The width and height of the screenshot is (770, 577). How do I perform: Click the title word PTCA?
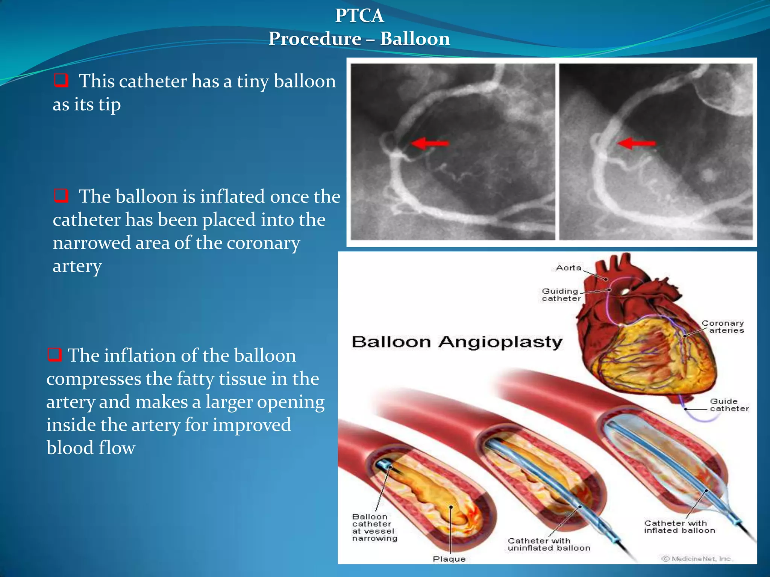coord(359,16)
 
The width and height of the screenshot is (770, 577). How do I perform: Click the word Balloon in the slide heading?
coord(415,39)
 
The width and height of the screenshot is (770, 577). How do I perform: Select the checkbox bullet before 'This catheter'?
coord(61,80)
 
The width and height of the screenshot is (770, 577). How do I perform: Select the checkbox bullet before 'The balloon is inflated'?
coord(61,196)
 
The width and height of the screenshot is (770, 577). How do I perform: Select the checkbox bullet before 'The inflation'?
coord(55,354)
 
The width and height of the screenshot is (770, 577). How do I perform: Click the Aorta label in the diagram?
coord(568,268)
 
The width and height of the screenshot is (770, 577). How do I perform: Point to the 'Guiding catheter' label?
coord(561,295)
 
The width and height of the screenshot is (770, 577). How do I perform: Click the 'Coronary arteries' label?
coord(723,327)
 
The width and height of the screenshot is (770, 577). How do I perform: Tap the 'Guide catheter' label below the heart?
coord(729,405)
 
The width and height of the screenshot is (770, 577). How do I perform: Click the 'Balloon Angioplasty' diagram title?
coord(456,342)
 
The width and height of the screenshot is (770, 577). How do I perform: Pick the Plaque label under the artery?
coord(449,559)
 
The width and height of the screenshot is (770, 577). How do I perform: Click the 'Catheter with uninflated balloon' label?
coord(549,544)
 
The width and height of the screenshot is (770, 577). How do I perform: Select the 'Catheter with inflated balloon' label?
coord(679,527)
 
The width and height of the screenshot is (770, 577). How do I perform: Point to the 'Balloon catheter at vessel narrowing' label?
coord(374,527)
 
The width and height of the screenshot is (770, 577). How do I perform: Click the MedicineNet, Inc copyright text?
coord(696,559)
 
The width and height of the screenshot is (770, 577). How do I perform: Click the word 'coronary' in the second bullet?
coord(263,243)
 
